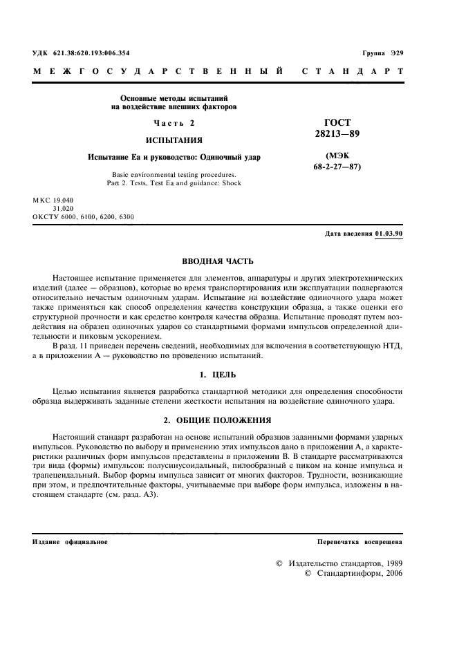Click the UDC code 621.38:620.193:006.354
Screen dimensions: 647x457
click(x=91, y=53)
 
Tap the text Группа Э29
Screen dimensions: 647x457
click(x=382, y=53)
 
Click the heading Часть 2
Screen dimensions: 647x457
click(x=174, y=123)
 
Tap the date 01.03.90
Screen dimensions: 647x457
click(x=389, y=234)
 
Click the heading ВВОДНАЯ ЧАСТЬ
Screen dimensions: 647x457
click(x=217, y=261)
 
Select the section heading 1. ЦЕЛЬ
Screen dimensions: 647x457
click(x=217, y=375)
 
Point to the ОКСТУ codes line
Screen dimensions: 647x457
click(x=83, y=216)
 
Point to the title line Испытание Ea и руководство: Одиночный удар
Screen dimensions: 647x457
click(x=174, y=157)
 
